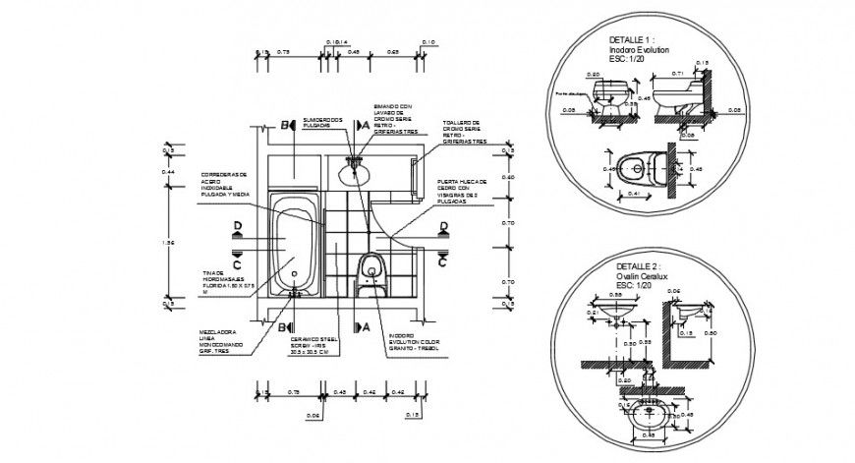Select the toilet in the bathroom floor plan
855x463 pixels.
371,269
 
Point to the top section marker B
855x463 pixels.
287,126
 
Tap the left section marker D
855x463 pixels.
238,228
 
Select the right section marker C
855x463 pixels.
443,261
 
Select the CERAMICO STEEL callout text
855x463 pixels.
308,346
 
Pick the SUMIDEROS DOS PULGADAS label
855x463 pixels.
321,121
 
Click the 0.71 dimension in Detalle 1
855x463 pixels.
677,73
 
